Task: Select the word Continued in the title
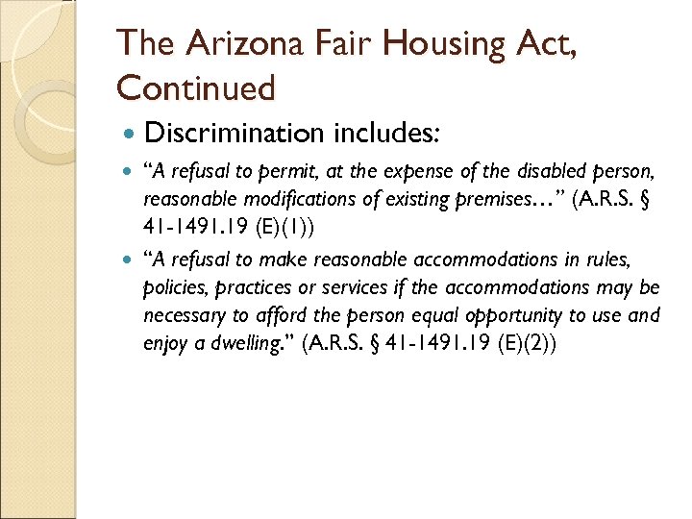[195, 87]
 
